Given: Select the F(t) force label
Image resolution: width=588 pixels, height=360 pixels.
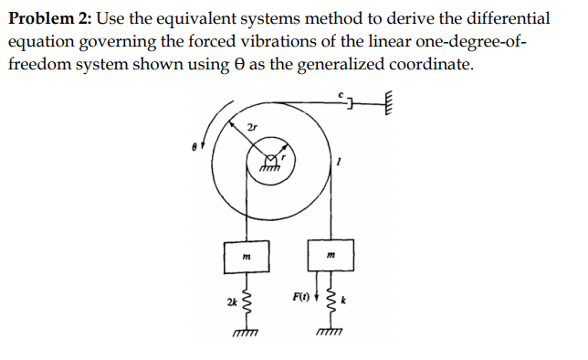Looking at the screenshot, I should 299,297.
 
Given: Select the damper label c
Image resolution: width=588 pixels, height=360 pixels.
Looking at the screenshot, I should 338,92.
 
